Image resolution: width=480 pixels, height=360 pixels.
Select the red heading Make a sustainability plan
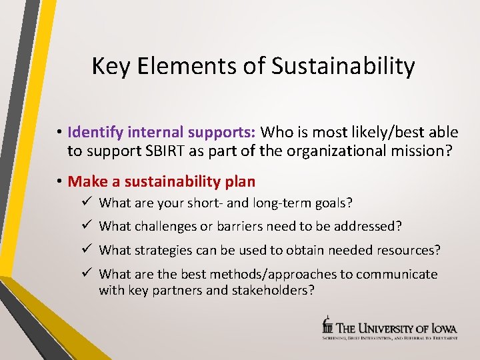[x=161, y=181]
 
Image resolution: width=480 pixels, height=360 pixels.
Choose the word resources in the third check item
[x=408, y=251]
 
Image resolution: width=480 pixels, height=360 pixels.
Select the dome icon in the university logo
[x=327, y=325]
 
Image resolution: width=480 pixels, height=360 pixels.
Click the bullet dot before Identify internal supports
[x=60, y=132]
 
